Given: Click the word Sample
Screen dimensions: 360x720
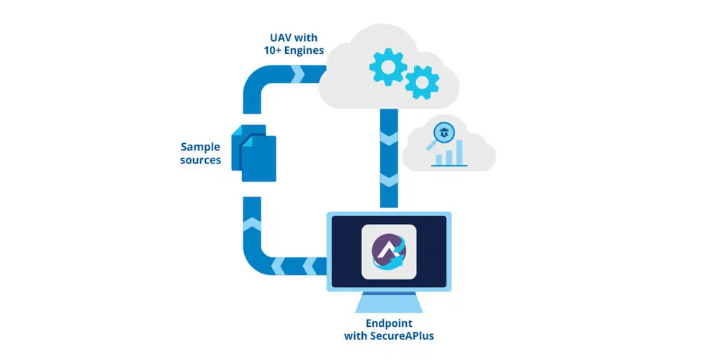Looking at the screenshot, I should (200, 145).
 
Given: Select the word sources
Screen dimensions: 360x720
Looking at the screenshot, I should (200, 160).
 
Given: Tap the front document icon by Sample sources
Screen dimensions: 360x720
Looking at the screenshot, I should (258, 160).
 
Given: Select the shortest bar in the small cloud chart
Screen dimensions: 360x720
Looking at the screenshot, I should (436, 160).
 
